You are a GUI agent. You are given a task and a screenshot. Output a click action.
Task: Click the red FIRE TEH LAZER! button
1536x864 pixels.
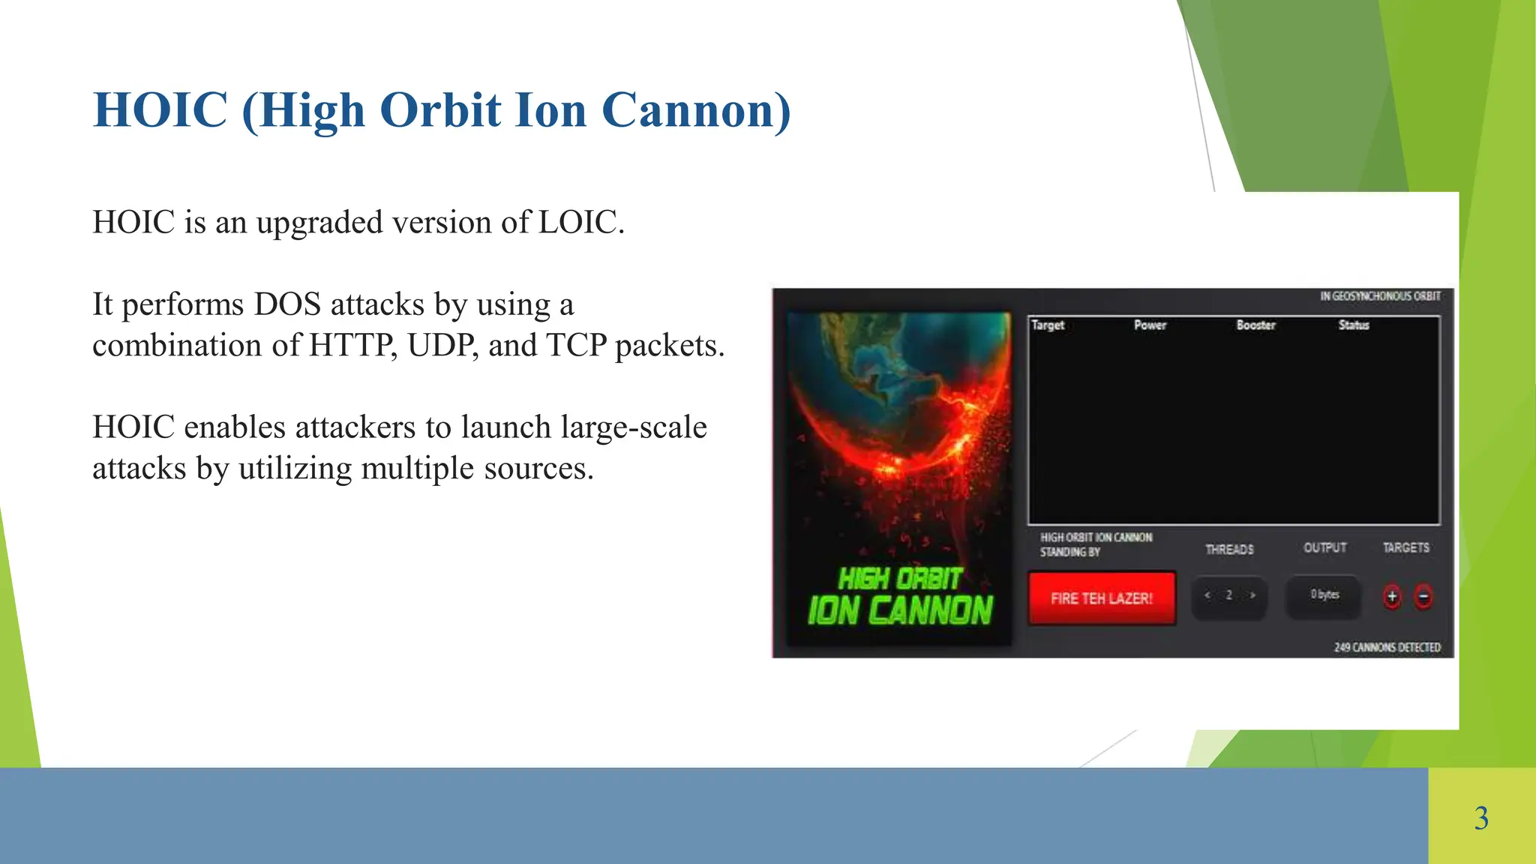pyautogui.click(x=1101, y=598)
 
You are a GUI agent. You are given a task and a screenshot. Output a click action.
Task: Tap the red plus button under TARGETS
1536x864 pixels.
pyautogui.click(x=1392, y=596)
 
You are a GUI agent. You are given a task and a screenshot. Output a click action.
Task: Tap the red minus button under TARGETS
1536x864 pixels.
pyautogui.click(x=1423, y=596)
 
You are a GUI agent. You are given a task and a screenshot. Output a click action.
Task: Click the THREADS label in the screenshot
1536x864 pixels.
pyautogui.click(x=1229, y=549)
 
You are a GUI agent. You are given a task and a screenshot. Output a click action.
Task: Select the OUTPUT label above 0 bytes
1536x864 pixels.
pyautogui.click(x=1324, y=547)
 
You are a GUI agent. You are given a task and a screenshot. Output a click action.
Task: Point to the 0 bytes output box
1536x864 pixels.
pyautogui.click(x=1324, y=595)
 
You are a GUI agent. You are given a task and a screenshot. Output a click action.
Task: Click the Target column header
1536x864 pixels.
pyautogui.click(x=1048, y=325)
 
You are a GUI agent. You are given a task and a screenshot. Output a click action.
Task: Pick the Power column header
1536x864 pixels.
pyautogui.click(x=1150, y=325)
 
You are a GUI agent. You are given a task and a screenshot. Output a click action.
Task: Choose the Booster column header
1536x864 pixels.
pyautogui.click(x=1255, y=325)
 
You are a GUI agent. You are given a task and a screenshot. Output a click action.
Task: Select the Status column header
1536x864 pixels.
pyautogui.click(x=1354, y=325)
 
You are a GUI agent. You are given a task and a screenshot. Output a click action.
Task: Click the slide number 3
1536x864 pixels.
pyautogui.click(x=1481, y=817)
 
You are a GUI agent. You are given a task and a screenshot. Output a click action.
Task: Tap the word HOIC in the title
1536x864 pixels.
pyautogui.click(x=160, y=110)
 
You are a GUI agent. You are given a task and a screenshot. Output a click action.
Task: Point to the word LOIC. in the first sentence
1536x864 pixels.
pyautogui.click(x=581, y=222)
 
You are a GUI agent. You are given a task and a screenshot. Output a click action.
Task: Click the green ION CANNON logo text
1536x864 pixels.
pyautogui.click(x=900, y=610)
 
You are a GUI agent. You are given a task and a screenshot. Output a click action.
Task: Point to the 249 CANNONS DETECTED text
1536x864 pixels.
pyautogui.click(x=1387, y=646)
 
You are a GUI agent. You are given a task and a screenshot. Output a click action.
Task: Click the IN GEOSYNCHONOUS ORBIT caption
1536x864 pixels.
pyautogui.click(x=1380, y=296)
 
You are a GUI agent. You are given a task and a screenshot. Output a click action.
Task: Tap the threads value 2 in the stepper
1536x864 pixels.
pyautogui.click(x=1228, y=595)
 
